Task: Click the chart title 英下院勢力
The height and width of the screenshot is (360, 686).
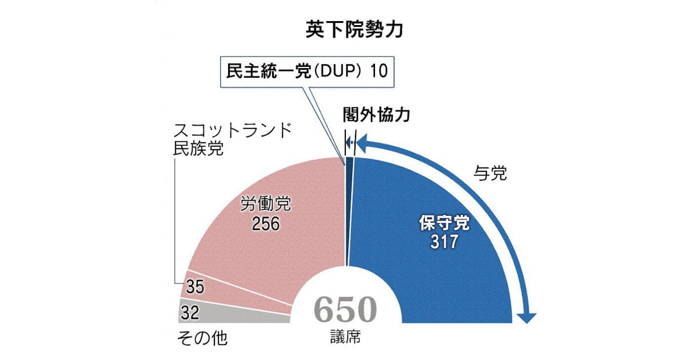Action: tap(354, 30)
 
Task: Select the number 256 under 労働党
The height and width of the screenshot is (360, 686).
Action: tap(257, 223)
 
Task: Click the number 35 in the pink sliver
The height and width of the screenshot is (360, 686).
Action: tap(195, 287)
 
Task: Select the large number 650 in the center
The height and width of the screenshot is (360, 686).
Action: tap(345, 310)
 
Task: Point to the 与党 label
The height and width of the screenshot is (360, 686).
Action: tap(490, 174)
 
